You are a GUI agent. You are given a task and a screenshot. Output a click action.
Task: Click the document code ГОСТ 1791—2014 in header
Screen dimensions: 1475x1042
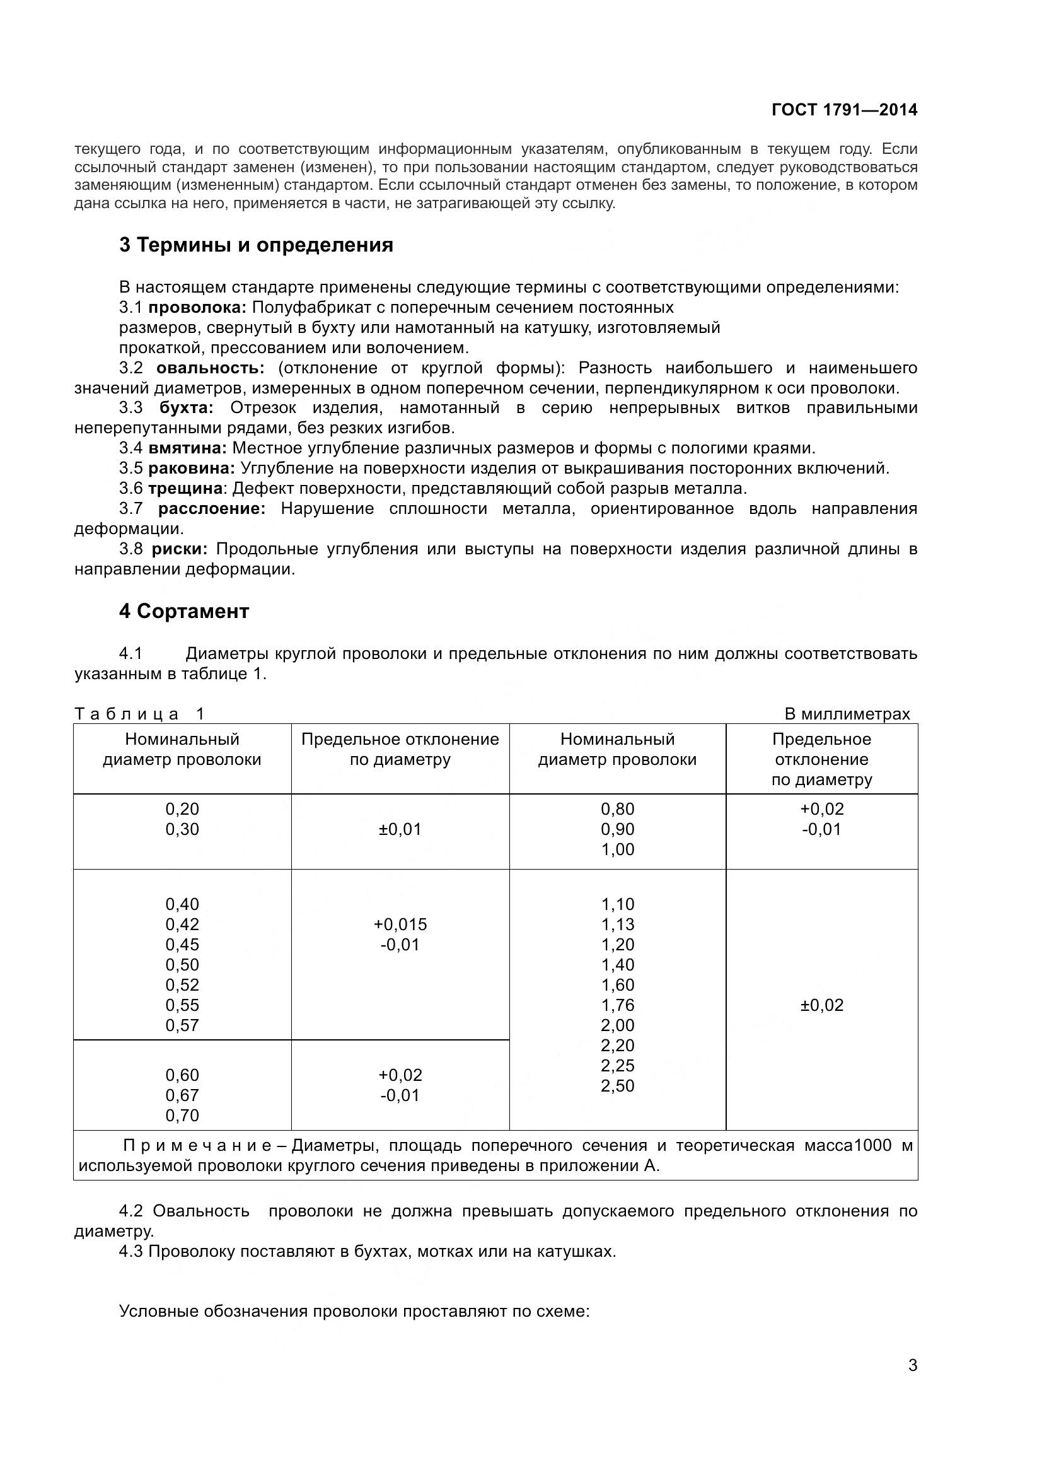pyautogui.click(x=844, y=110)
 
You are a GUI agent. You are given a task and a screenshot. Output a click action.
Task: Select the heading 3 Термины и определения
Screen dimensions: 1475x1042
pyautogui.click(x=255, y=245)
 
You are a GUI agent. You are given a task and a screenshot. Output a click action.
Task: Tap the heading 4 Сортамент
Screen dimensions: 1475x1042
pyautogui.click(x=183, y=611)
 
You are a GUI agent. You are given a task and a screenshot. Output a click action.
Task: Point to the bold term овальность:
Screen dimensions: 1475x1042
pyautogui.click(x=210, y=368)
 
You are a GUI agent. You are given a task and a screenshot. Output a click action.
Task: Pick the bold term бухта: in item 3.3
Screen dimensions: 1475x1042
pyautogui.click(x=186, y=408)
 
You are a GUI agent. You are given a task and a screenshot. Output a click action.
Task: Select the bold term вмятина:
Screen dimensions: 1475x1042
pyautogui.click(x=187, y=448)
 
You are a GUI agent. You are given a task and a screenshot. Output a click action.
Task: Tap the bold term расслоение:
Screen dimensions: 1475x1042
pyautogui.click(x=212, y=508)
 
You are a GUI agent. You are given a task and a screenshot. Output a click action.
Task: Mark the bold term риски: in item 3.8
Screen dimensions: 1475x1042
pyautogui.click(x=180, y=549)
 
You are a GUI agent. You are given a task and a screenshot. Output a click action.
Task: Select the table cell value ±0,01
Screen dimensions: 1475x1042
pyautogui.click(x=400, y=829)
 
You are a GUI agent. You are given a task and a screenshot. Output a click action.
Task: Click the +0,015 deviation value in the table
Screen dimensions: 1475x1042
pyautogui.click(x=400, y=924)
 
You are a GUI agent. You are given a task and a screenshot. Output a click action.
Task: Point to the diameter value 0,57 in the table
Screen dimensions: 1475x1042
pyautogui.click(x=182, y=1025)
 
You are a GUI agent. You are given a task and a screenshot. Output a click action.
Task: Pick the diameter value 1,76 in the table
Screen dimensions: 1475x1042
pyautogui.click(x=618, y=1005)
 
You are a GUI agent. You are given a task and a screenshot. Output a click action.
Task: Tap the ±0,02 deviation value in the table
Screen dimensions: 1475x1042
pyautogui.click(x=822, y=1005)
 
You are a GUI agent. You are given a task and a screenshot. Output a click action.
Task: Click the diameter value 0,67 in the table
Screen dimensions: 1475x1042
pyautogui.click(x=182, y=1095)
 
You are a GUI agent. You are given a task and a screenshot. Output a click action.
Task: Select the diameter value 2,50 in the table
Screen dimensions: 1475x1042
pyautogui.click(x=618, y=1086)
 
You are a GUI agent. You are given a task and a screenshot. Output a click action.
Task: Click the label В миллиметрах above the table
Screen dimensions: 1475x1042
pyautogui.click(x=847, y=714)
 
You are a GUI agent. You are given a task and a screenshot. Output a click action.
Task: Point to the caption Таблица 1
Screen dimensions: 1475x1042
pyautogui.click(x=139, y=714)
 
